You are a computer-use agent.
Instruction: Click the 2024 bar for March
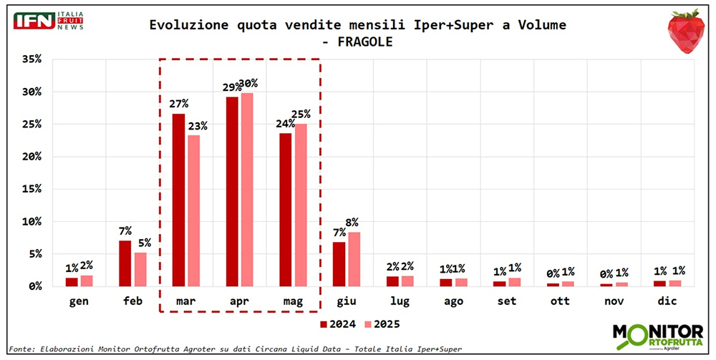click(178, 200)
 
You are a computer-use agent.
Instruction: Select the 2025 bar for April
click(247, 190)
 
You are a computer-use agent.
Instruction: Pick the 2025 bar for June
click(354, 259)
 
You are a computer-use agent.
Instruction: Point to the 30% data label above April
click(248, 84)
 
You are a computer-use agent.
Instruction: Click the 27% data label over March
click(178, 104)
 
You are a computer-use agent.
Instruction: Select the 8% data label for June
click(352, 222)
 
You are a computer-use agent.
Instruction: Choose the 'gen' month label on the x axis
click(78, 301)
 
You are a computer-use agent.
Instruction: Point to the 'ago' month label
click(453, 301)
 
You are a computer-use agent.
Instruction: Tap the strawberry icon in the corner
click(685, 31)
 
